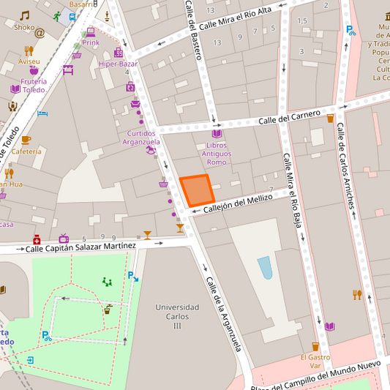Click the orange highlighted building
(x=197, y=190)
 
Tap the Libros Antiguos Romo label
(x=217, y=154)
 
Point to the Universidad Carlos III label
(x=177, y=316)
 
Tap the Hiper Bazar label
(x=118, y=64)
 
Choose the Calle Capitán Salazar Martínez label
(x=80, y=248)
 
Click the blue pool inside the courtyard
(x=265, y=267)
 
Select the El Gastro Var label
(x=315, y=361)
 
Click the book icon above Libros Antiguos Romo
(x=217, y=134)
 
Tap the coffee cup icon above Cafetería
(x=26, y=139)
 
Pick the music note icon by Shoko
(x=25, y=15)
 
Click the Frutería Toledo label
(x=34, y=85)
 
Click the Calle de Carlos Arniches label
(x=347, y=165)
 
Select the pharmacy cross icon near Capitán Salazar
(x=37, y=239)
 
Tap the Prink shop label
(x=91, y=42)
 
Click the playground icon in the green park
(x=107, y=282)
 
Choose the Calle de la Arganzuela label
(x=223, y=314)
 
